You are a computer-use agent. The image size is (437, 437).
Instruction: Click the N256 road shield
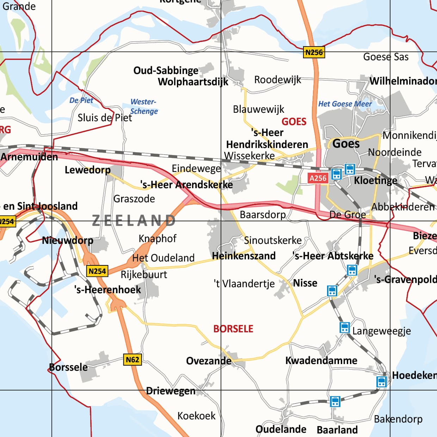[x=314, y=53]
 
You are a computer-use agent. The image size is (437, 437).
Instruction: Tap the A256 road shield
[x=318, y=178]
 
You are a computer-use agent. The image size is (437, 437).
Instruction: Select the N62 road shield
[x=133, y=359]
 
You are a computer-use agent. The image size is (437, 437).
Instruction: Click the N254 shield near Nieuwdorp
[x=97, y=271]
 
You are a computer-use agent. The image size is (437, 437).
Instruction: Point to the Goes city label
[x=346, y=144]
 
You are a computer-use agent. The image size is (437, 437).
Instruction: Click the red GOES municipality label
[x=294, y=122]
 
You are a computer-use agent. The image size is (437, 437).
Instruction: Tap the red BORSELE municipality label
[x=233, y=329]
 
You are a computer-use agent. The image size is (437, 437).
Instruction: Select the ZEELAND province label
[x=134, y=221]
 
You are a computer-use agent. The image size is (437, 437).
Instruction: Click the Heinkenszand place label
[x=244, y=256]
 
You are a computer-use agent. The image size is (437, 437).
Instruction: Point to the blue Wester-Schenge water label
[x=144, y=106]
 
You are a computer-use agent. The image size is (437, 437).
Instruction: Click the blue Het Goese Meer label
[x=345, y=104]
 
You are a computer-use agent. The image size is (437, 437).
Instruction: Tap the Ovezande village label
[x=209, y=361]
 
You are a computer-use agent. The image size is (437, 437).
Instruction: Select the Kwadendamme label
[x=321, y=361]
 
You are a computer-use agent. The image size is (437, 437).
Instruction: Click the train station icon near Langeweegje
[x=344, y=327]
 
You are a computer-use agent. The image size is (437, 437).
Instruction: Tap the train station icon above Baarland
[x=335, y=401]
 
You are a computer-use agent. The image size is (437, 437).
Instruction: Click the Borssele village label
[x=68, y=367]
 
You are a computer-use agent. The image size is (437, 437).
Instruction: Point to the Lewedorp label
[x=87, y=170]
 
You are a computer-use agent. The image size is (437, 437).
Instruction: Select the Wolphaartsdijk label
[x=193, y=82]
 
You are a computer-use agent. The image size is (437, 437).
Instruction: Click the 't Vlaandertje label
[x=244, y=283]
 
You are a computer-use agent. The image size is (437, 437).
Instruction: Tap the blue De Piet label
[x=81, y=100]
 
